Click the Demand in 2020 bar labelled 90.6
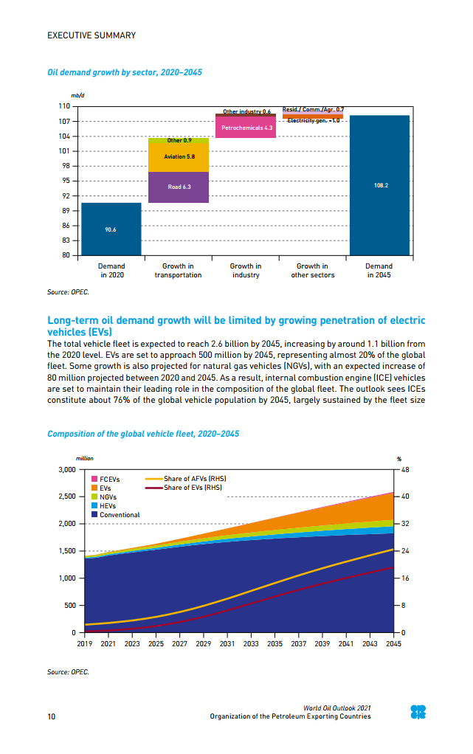pyautogui.click(x=111, y=229)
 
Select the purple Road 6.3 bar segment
pyautogui.click(x=179, y=187)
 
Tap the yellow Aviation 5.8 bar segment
pyautogui.click(x=179, y=157)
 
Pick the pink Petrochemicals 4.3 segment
pyautogui.click(x=245, y=128)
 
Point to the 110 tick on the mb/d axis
pyautogui.click(x=64, y=106)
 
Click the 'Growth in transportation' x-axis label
pyautogui.click(x=178, y=271)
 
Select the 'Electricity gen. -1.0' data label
pyautogui.click(x=313, y=120)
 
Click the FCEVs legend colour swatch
pyautogui.click(x=94, y=479)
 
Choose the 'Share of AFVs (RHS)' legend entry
pyautogui.click(x=184, y=479)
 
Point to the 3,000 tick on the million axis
pyautogui.click(x=66, y=469)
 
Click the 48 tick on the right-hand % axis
pyautogui.click(x=405, y=469)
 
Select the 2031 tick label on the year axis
pyautogui.click(x=227, y=643)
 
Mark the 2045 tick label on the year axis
pyautogui.click(x=393, y=643)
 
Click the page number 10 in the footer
pyautogui.click(x=51, y=716)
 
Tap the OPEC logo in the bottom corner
pyautogui.click(x=418, y=712)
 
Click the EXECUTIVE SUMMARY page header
pyautogui.click(x=92, y=35)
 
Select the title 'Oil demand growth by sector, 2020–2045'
pyautogui.click(x=124, y=73)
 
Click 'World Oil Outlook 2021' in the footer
pyautogui.click(x=337, y=708)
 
